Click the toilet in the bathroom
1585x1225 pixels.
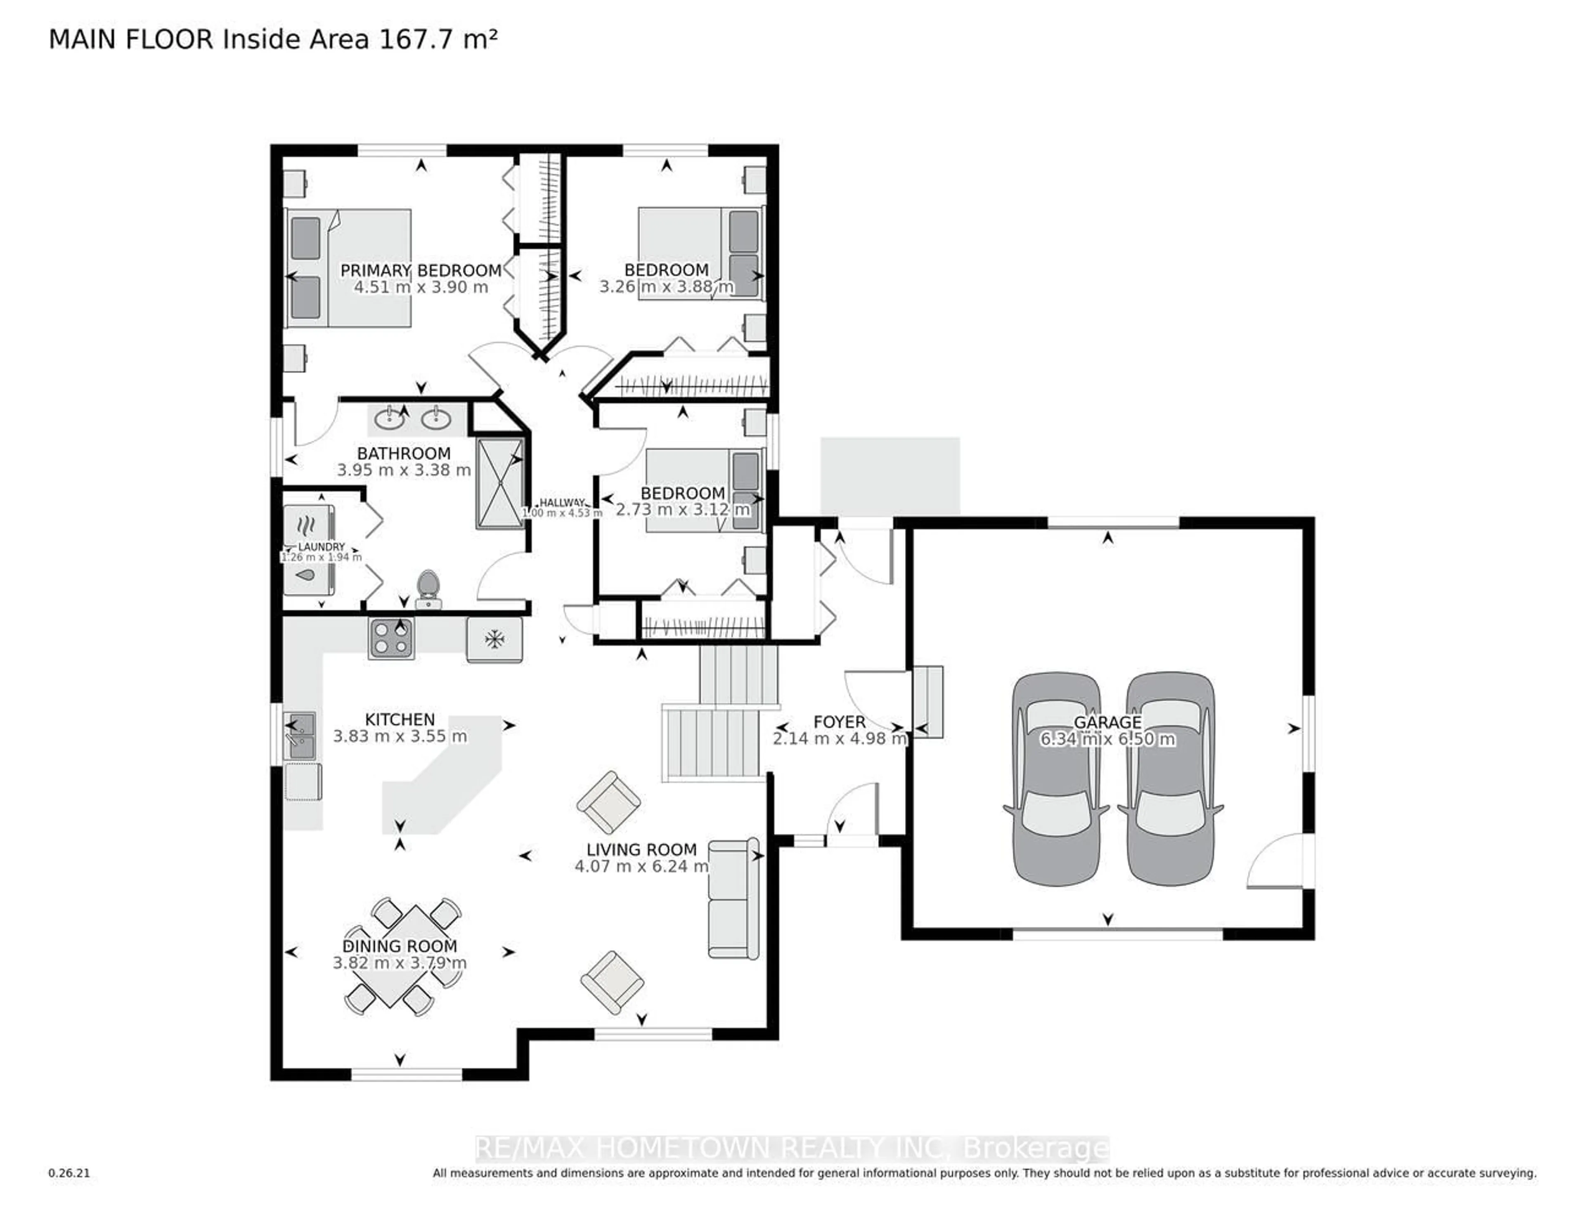(428, 588)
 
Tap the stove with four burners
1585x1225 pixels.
(391, 639)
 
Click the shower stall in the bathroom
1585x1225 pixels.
(499, 482)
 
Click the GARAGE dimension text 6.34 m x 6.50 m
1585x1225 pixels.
(1107, 740)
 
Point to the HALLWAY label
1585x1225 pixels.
(562, 502)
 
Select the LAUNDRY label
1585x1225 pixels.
(322, 546)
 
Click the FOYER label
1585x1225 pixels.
(839, 722)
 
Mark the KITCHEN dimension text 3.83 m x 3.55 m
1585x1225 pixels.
(400, 737)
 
